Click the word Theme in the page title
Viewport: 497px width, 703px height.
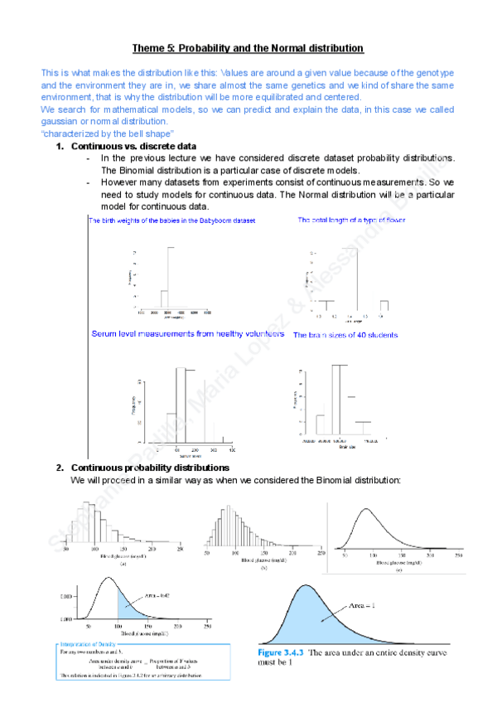[x=149, y=49]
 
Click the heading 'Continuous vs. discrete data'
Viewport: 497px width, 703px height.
[x=133, y=147]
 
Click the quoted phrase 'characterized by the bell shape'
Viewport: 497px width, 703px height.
[x=108, y=134]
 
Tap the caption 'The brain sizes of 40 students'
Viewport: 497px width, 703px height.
[x=345, y=335]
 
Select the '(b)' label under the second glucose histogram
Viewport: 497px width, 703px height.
[x=262, y=568]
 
